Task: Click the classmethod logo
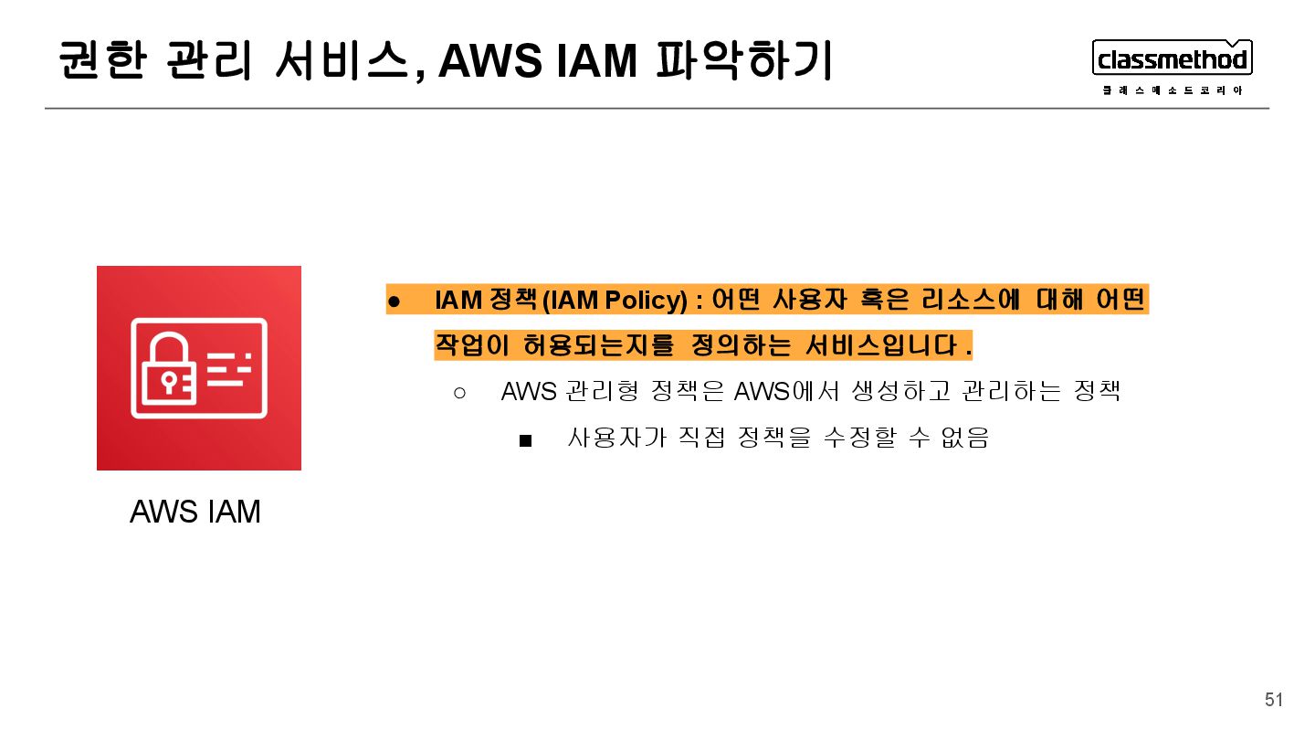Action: tap(1172, 59)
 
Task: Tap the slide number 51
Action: tap(1274, 701)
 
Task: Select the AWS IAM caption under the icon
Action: tap(195, 513)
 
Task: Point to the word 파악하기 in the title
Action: tap(743, 62)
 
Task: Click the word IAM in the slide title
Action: tap(594, 62)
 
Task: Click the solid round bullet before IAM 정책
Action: tap(394, 301)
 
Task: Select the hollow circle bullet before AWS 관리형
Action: tap(459, 393)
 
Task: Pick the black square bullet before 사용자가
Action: tap(525, 440)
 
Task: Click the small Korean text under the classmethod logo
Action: tap(1172, 90)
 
